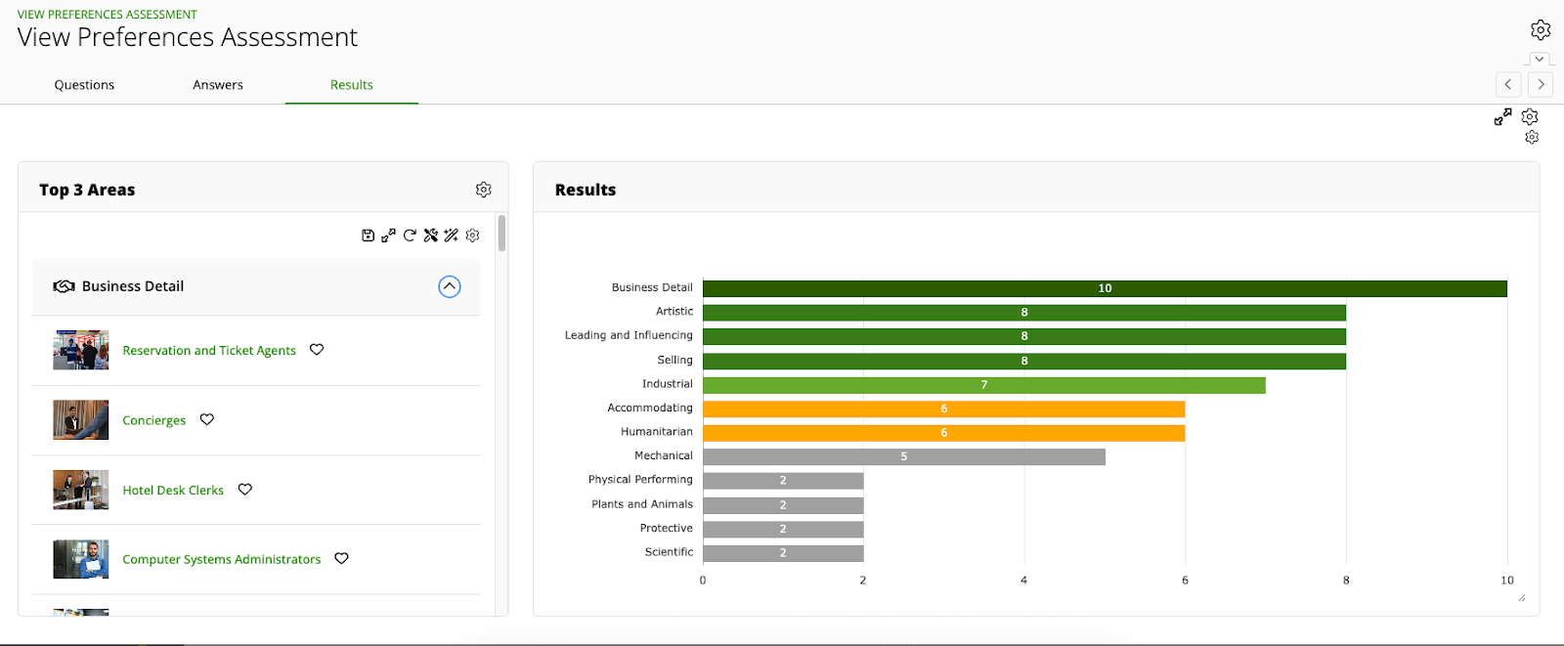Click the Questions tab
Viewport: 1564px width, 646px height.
point(84,85)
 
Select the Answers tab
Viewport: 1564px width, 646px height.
point(218,85)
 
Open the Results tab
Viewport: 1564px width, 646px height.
point(352,85)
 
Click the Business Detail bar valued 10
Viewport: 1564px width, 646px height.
point(1105,288)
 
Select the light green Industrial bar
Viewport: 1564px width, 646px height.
point(983,385)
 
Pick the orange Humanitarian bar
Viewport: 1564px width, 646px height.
point(943,433)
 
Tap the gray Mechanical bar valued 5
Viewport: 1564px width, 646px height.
point(903,456)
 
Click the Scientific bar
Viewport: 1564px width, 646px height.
point(783,553)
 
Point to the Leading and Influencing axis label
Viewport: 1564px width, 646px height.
point(629,335)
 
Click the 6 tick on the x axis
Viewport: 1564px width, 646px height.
point(1185,581)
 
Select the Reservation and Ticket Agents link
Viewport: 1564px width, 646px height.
point(209,351)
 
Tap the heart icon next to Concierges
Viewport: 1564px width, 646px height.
point(207,419)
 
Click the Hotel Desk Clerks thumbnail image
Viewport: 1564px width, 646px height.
point(81,490)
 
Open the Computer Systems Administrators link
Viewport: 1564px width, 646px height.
point(222,560)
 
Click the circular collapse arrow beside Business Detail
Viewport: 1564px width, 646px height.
point(450,286)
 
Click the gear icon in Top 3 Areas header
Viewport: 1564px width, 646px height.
point(484,190)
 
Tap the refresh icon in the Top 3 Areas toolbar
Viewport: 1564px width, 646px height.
point(410,236)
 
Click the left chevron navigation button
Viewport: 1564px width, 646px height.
point(1508,84)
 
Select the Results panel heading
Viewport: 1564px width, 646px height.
point(586,191)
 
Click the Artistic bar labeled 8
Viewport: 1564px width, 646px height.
point(1023,313)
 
